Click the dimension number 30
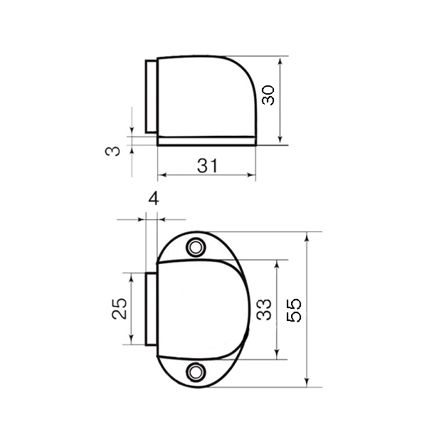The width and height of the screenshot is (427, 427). pos(268,95)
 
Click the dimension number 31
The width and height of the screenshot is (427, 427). pos(208,166)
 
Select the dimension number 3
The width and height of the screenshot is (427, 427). pos(112,151)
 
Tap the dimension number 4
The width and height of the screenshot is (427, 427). pos(154,199)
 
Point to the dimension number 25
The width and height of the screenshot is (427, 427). pos(120,309)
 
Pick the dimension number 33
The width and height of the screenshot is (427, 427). pos(264,310)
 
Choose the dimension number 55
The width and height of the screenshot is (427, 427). pos(294,311)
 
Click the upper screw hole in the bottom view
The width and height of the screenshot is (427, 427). pos(196,248)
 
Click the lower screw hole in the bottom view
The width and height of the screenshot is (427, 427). pos(196,371)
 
